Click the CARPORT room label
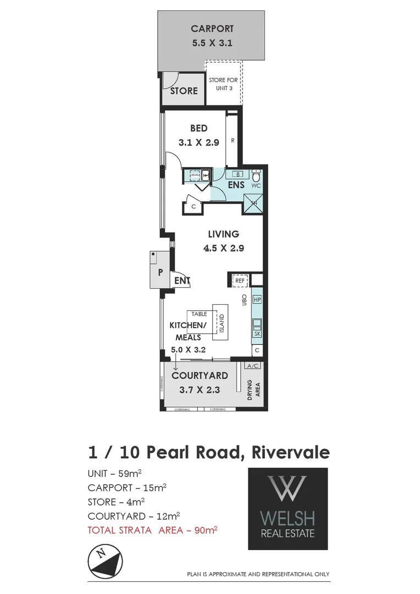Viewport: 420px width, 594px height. [212, 29]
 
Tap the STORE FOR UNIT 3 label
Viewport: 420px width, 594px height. [223, 84]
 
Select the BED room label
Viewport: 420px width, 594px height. [198, 129]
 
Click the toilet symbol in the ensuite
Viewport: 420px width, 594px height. [256, 176]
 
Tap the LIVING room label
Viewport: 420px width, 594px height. [223, 234]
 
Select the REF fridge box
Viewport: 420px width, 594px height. [240, 280]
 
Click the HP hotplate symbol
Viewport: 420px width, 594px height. [257, 300]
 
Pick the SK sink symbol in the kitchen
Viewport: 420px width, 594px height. [257, 333]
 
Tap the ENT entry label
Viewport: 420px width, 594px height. [181, 281]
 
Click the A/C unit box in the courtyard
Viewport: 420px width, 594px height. [253, 366]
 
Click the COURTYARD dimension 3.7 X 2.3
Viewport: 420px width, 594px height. [200, 390]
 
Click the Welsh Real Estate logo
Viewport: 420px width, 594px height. [288, 509]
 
